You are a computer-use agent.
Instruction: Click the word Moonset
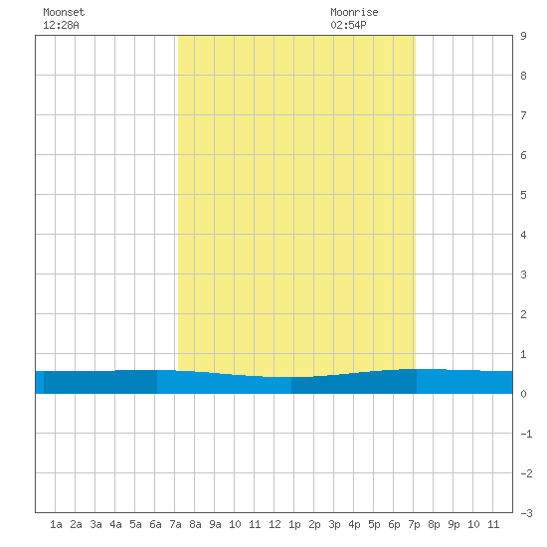point(64,12)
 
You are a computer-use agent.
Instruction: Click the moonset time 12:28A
point(61,25)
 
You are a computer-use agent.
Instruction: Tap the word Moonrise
point(354,12)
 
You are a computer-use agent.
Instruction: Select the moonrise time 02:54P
point(348,25)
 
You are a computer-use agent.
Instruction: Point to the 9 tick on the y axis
point(523,36)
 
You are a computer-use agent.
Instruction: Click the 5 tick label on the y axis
point(523,195)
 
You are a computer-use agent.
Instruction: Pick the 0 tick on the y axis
point(523,394)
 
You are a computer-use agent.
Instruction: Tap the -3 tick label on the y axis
point(526,513)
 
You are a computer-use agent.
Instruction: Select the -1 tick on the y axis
point(526,434)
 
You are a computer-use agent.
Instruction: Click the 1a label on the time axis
point(56,524)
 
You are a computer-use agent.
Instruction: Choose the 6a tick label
point(155,524)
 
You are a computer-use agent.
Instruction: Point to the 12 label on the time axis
point(274,524)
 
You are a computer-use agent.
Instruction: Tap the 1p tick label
point(294,524)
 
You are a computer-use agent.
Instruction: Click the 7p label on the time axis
point(414,524)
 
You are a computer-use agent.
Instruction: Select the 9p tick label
point(454,524)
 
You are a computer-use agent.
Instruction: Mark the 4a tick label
point(115,524)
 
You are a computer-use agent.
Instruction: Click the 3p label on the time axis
point(334,524)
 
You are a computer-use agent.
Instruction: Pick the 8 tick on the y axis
point(523,76)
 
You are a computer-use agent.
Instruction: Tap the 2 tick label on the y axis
point(523,314)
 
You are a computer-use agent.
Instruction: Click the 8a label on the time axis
point(195,524)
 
